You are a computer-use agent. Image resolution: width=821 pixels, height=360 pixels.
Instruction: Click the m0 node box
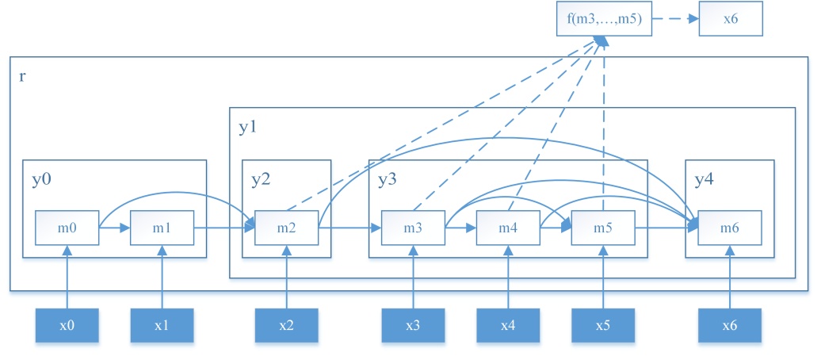click(67, 228)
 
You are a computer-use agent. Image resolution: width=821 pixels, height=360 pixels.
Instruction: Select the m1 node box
click(162, 228)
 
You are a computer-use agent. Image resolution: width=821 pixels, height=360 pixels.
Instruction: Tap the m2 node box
click(286, 228)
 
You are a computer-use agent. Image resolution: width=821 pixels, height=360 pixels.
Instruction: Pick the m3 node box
click(413, 228)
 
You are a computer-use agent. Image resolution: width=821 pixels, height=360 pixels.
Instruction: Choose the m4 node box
click(508, 228)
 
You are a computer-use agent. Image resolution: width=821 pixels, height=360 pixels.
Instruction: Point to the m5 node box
click(603, 228)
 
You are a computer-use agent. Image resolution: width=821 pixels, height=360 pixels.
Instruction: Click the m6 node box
click(730, 228)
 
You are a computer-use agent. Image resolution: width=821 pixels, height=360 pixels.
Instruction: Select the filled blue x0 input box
click(67, 326)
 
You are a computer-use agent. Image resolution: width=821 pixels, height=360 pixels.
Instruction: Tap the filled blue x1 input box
click(162, 326)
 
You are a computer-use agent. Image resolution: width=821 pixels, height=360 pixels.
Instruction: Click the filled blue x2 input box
click(286, 326)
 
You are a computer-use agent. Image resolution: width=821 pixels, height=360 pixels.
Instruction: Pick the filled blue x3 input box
click(413, 326)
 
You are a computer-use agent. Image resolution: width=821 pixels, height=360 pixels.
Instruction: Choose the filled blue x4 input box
click(508, 326)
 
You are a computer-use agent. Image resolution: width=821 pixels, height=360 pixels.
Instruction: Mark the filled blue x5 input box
click(603, 326)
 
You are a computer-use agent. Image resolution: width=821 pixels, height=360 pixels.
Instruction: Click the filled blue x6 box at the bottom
click(730, 326)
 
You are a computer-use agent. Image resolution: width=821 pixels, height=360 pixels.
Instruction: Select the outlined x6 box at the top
click(730, 20)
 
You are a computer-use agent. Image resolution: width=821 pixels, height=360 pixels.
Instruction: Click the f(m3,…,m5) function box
click(604, 20)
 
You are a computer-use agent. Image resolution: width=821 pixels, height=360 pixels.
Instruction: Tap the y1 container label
click(248, 128)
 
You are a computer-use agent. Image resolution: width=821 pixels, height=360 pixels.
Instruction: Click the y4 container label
click(705, 179)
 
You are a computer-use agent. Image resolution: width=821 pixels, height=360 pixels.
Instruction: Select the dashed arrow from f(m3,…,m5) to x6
click(675, 20)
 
